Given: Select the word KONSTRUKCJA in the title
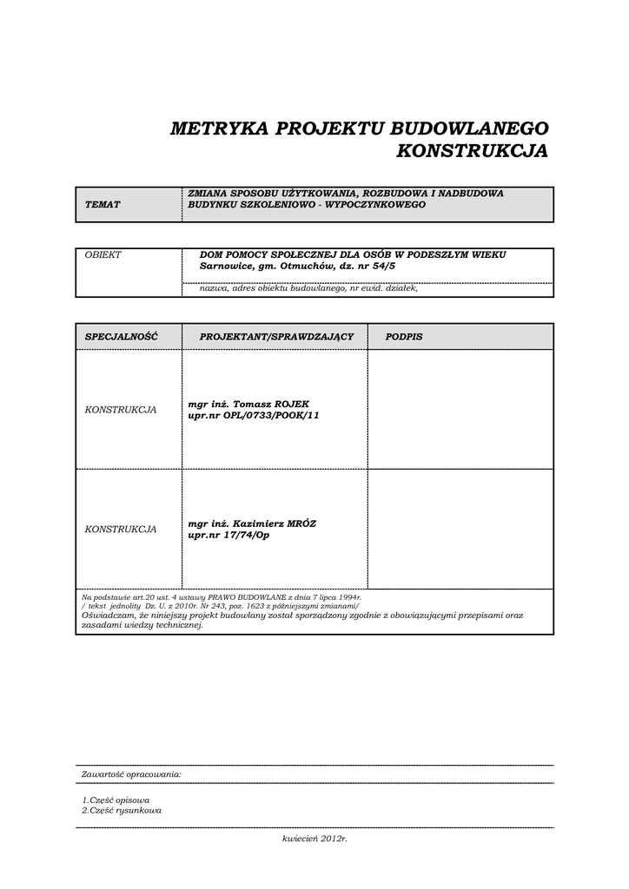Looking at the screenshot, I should coord(472,151).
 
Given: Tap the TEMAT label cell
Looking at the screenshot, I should coord(103,204).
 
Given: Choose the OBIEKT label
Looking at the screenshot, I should coord(103,254).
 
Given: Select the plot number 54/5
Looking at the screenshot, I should coord(381,267).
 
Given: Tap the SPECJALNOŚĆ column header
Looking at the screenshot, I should coord(121,336).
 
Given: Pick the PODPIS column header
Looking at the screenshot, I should coord(404,336).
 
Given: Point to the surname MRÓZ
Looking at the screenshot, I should coord(298,524).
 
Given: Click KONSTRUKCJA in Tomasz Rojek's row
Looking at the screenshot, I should coord(121,410).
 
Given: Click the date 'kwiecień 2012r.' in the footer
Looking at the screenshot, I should coord(314,839).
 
